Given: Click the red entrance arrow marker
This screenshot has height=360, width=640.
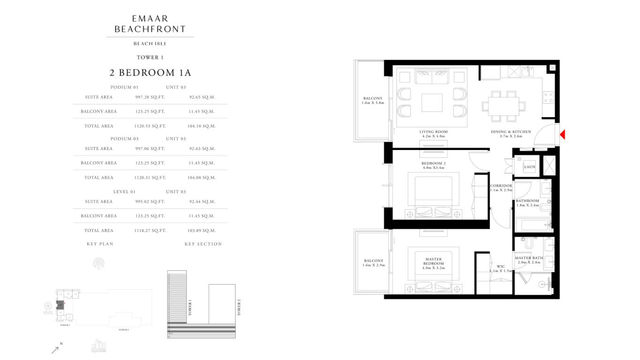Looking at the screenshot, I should pyautogui.click(x=562, y=135).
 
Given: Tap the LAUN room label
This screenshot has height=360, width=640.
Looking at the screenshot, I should pyautogui.click(x=529, y=167).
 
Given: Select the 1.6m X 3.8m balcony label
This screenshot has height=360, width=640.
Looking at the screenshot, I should pyautogui.click(x=373, y=100).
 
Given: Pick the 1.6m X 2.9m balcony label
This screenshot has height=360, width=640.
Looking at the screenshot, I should pyautogui.click(x=373, y=263).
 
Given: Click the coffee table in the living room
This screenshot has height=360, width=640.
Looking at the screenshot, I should pyautogui.click(x=432, y=103).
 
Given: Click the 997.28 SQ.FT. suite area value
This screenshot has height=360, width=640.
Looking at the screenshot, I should pyautogui.click(x=150, y=97).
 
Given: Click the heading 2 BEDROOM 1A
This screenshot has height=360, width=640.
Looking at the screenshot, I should pyautogui.click(x=150, y=73).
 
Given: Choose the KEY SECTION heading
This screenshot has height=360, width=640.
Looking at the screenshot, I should pyautogui.click(x=203, y=244).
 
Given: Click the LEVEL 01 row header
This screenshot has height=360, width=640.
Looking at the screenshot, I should pyautogui.click(x=124, y=192).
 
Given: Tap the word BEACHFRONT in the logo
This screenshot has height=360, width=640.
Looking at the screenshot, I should pyautogui.click(x=150, y=29).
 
